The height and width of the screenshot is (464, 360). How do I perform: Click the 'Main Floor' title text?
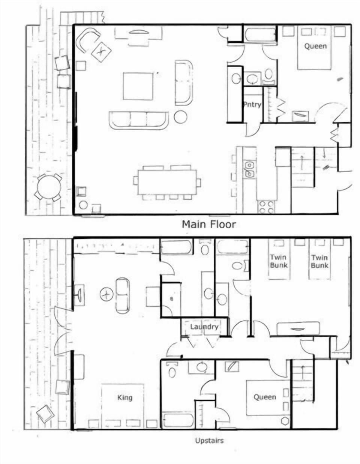[209, 224]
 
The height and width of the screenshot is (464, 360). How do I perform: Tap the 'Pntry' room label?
[252, 104]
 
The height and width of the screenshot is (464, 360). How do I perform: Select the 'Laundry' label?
[204, 327]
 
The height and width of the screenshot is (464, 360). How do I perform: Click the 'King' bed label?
[125, 398]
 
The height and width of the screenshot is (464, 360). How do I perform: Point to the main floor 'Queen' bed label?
[315, 46]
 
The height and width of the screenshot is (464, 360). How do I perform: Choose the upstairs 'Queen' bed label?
[265, 397]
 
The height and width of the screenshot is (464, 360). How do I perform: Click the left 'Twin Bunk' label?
[279, 261]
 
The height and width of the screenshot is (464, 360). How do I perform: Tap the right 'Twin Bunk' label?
[319, 261]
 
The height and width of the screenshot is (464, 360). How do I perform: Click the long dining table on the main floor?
[167, 182]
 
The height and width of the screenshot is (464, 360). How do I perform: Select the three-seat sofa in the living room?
[139, 120]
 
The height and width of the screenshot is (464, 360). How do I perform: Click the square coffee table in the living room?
[138, 86]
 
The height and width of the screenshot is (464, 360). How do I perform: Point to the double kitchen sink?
[249, 170]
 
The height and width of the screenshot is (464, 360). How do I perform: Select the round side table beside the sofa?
[181, 117]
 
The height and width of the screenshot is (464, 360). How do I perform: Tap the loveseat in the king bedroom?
[123, 295]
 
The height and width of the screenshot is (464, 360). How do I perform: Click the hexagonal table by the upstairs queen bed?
[285, 421]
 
